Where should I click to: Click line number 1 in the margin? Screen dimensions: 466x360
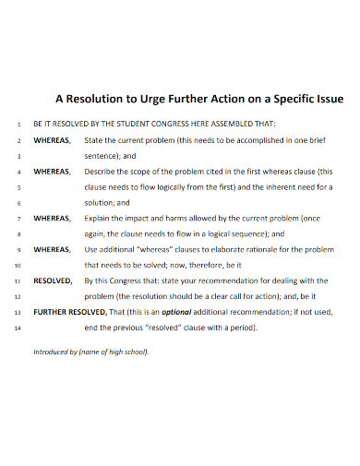pyautogui.click(x=19, y=124)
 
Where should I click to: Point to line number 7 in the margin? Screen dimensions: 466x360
pyautogui.click(x=19, y=218)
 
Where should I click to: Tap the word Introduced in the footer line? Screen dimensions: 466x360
pyautogui.click(x=53, y=352)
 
